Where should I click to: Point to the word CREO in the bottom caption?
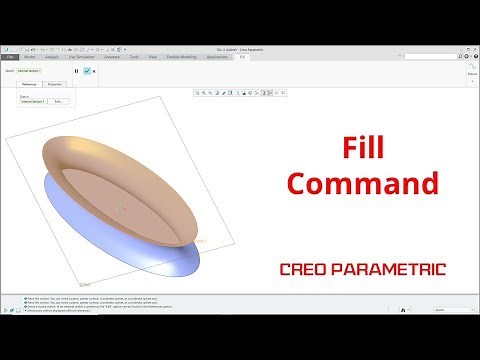[x=308, y=268]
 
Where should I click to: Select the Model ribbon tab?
[x=31, y=58]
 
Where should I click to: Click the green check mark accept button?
[x=87, y=71]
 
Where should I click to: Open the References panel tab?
[x=30, y=85]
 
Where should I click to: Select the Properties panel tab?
[x=56, y=85]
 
